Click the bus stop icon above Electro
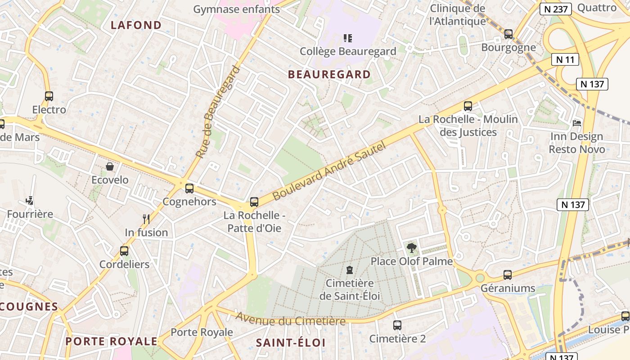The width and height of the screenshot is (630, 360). point(49,96)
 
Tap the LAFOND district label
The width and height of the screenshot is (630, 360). point(136,25)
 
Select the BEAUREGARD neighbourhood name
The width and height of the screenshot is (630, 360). point(329,74)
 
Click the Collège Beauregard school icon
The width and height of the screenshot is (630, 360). point(347,38)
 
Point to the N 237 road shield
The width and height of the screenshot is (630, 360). point(556,9)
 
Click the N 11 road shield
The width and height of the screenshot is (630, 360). point(565,59)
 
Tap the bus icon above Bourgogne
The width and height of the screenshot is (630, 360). point(508,34)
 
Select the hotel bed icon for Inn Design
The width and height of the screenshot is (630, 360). point(577,123)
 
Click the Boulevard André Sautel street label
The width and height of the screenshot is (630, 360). point(329,171)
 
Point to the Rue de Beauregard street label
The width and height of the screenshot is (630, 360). point(218,112)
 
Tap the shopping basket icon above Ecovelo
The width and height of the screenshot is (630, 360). point(110,167)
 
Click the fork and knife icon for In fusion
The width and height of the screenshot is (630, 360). point(146,219)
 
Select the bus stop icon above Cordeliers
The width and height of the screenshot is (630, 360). point(124,251)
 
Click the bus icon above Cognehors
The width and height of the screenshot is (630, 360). point(189,188)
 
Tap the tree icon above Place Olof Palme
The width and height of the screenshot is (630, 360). point(411,247)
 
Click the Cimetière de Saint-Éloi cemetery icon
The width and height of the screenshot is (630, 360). point(349,270)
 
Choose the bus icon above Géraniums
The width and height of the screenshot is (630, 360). point(508,274)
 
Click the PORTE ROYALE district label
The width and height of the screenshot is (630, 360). point(112,342)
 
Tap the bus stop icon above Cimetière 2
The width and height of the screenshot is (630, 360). point(397,325)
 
